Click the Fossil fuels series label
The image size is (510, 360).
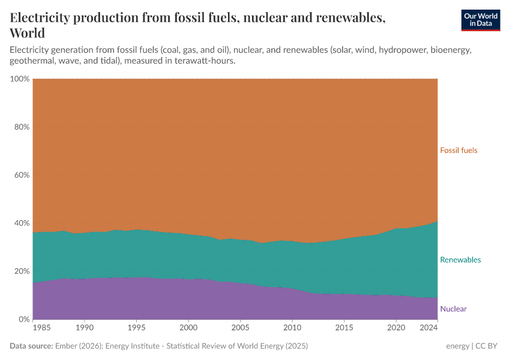[458, 151]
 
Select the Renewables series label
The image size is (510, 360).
[460, 260]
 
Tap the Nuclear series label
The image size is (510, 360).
[453, 309]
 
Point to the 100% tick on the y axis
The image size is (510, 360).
[19, 79]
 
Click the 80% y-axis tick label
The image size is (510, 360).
[21, 127]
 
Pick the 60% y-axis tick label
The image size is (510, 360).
[21, 175]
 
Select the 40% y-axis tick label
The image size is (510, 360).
[21, 223]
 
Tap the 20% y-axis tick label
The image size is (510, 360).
[21, 271]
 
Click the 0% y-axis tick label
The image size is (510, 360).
[23, 319]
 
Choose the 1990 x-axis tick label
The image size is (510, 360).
[85, 328]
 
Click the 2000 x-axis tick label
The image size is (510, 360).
[188, 328]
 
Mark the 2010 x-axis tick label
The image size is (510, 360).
[292, 328]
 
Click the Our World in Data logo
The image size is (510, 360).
[480, 20]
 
